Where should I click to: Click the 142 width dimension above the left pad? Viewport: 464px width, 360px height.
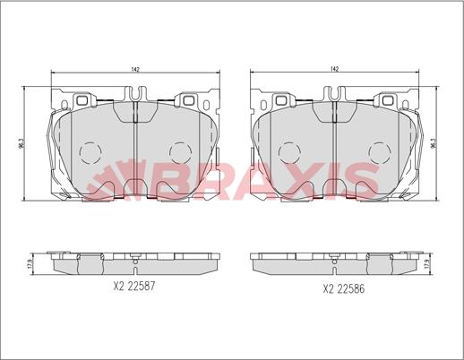[135, 70]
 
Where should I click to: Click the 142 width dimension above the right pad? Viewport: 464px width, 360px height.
[335, 69]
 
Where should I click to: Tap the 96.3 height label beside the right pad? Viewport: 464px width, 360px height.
[434, 143]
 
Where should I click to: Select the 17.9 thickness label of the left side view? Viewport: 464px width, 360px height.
[29, 263]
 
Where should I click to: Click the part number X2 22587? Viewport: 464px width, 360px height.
[134, 287]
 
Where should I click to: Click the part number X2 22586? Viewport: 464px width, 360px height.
[343, 288]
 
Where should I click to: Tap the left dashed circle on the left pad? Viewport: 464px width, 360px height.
[90, 152]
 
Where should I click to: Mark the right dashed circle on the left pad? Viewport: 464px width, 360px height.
[180, 152]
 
